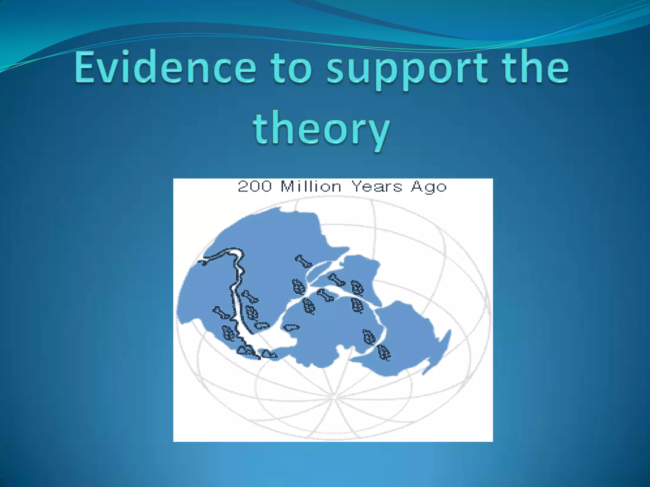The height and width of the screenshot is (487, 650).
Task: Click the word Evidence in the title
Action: coord(165,67)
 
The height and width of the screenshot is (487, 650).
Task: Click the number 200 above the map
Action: coord(255,186)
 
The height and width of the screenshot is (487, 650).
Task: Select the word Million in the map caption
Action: coord(311,186)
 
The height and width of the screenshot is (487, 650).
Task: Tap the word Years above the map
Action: coord(377,186)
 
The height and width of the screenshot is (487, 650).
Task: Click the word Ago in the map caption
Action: coord(429,187)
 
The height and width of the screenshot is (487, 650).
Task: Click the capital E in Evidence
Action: coord(85,67)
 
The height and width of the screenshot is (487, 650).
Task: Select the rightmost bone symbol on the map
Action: coord(336,280)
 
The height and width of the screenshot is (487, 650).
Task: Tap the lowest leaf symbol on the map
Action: coord(384,353)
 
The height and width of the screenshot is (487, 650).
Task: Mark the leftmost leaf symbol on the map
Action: coord(228,333)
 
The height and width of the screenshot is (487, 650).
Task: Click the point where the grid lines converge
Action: coord(334,397)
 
